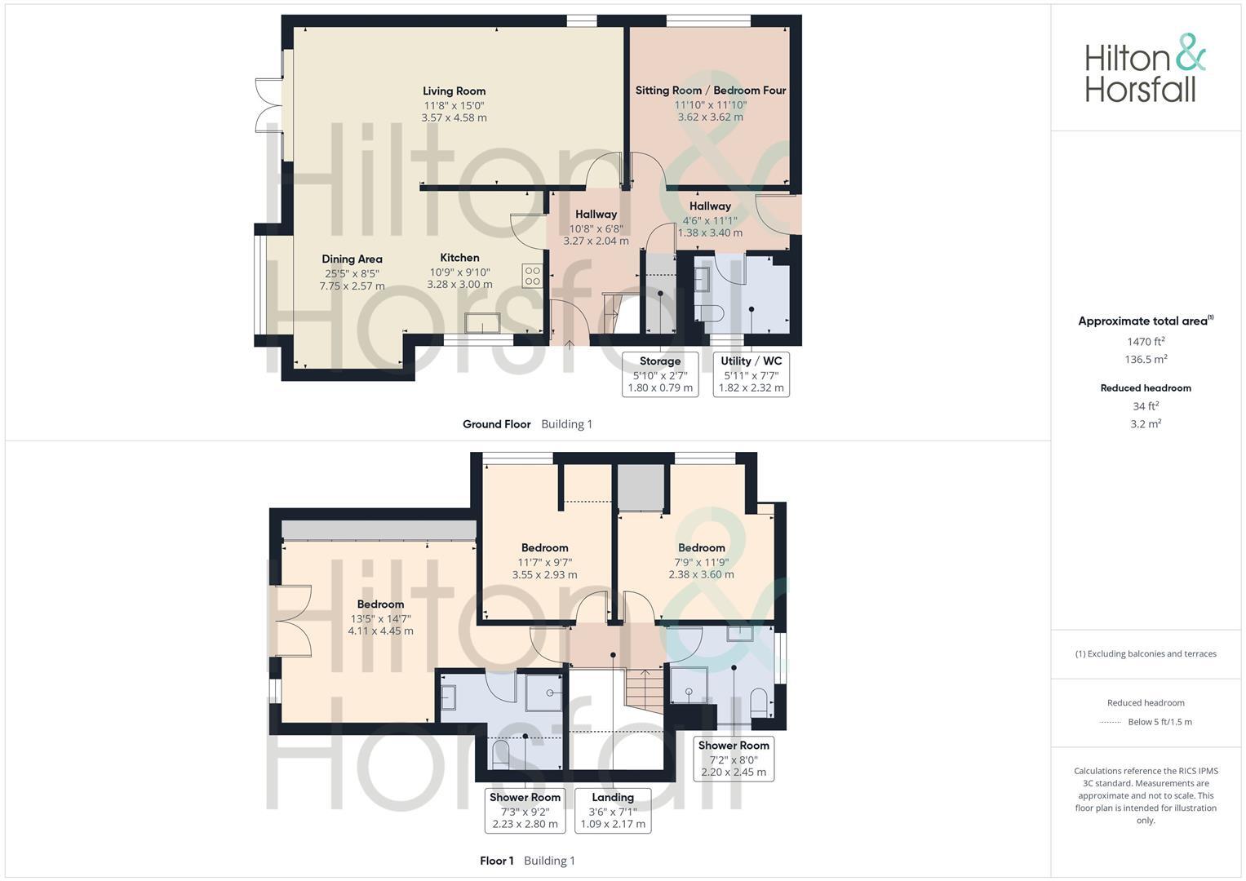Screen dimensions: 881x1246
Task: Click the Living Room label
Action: click(454, 91)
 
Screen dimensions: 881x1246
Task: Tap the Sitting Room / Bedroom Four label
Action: click(710, 91)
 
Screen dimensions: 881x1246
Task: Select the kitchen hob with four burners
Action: click(532, 276)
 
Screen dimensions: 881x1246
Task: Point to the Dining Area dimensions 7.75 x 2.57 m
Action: click(352, 286)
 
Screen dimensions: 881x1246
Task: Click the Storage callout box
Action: click(660, 374)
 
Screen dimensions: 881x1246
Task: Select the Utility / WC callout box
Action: click(751, 374)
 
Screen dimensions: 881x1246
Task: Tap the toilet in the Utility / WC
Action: click(709, 312)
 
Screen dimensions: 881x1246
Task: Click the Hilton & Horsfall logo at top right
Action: click(1145, 68)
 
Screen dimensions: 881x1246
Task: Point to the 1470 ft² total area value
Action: click(1146, 342)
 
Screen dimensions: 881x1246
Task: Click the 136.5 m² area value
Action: click(1146, 360)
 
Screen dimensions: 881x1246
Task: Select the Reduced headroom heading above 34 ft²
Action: click(1146, 388)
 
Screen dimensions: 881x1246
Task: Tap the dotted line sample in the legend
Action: click(1111, 722)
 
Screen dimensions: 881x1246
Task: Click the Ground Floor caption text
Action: click(496, 424)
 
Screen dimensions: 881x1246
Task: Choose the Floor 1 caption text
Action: click(496, 861)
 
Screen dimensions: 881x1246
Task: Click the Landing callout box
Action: click(613, 810)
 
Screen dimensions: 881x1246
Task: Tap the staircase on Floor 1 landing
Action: click(644, 690)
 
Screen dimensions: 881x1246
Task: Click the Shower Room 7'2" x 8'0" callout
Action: click(734, 759)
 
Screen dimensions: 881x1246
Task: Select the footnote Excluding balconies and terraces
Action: click(1146, 653)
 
